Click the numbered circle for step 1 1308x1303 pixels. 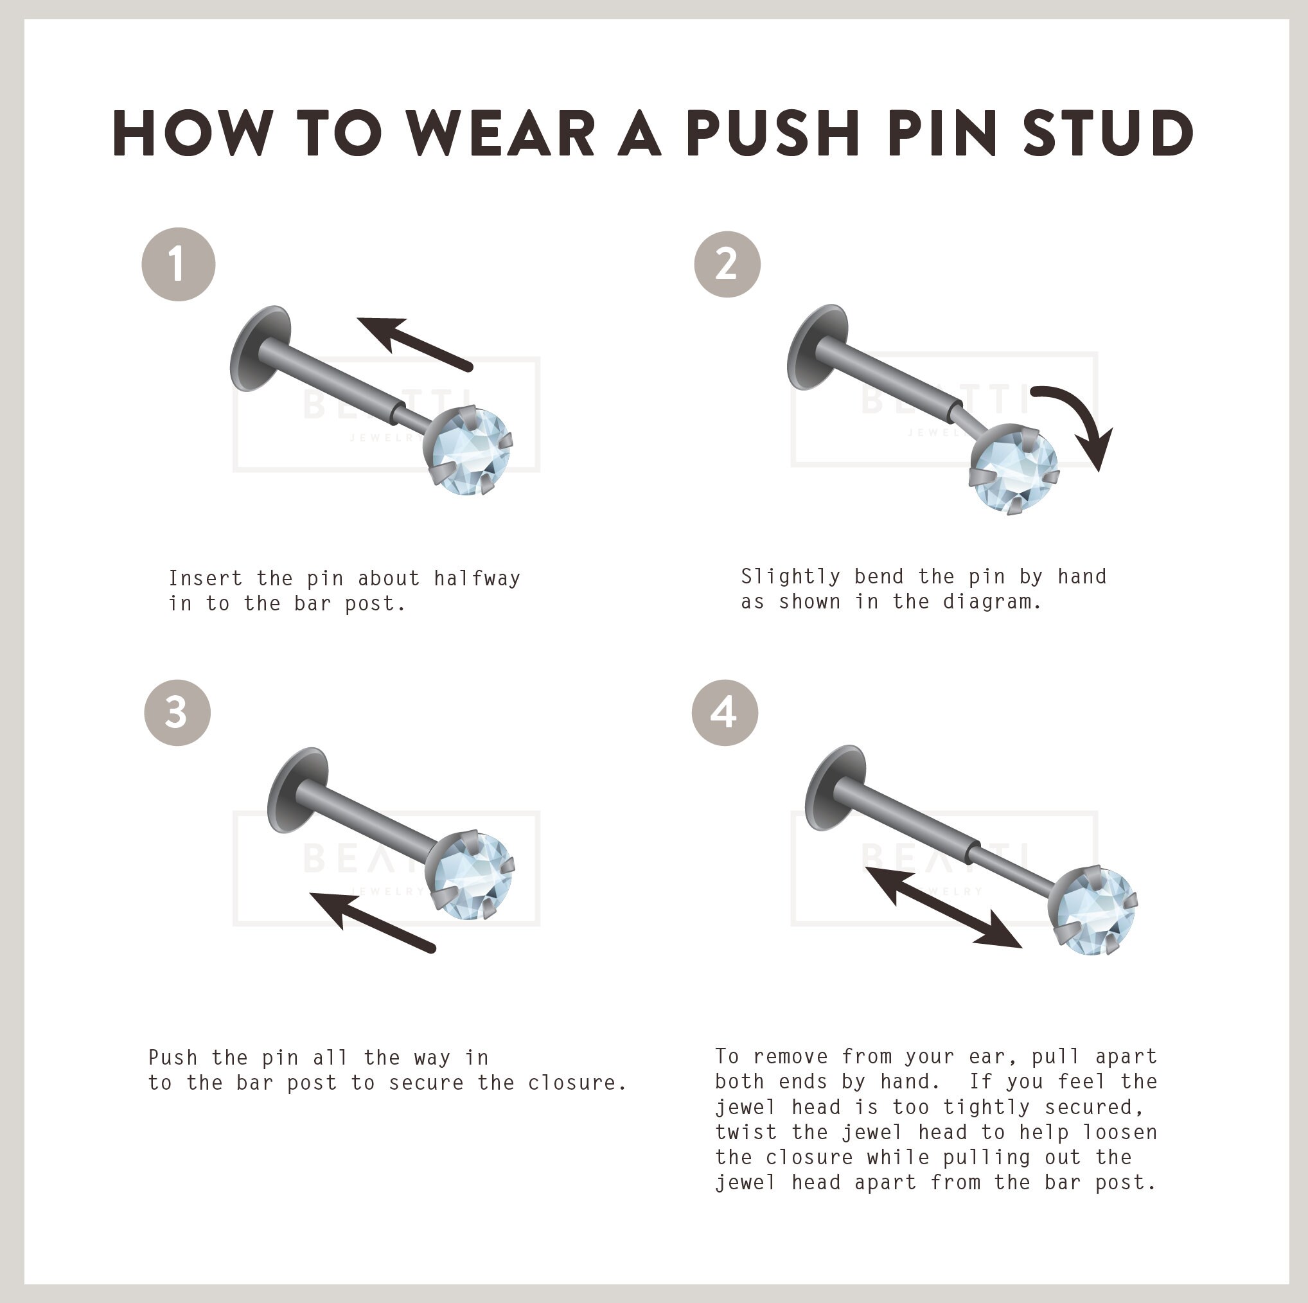tap(178, 264)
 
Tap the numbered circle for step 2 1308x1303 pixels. tap(727, 264)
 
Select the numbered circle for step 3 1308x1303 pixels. tap(177, 713)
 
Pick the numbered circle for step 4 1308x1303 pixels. tap(725, 713)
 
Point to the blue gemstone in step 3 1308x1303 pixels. tap(472, 876)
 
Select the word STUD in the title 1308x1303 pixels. tap(1108, 133)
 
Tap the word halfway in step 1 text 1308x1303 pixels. tap(477, 578)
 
